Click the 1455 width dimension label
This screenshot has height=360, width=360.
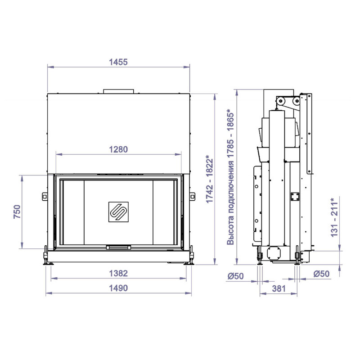pyautogui.click(x=118, y=62)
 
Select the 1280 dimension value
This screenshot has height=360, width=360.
pyautogui.click(x=118, y=149)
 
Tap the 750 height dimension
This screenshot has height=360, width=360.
pyautogui.click(x=17, y=211)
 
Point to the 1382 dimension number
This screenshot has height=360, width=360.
pyautogui.click(x=118, y=273)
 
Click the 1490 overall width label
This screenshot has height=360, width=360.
pyautogui.click(x=118, y=288)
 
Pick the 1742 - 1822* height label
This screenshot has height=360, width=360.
pyautogui.click(x=210, y=179)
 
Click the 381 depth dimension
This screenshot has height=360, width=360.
pyautogui.click(x=279, y=288)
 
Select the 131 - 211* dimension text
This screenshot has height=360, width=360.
pyautogui.click(x=334, y=217)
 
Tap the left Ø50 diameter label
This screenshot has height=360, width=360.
pyautogui.click(x=235, y=276)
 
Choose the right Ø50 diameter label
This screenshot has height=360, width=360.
pyautogui.click(x=321, y=274)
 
